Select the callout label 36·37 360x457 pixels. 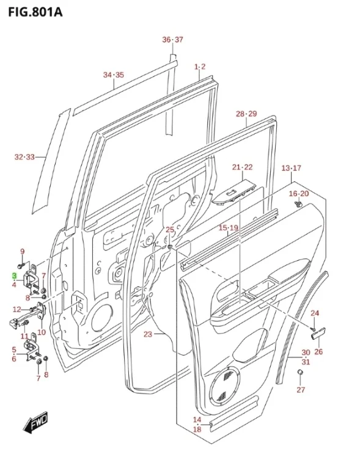click(172, 40)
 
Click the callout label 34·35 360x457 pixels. click(113, 75)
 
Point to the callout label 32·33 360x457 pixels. click(25, 158)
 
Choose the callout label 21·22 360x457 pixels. click(242, 167)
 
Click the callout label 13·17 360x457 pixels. click(291, 168)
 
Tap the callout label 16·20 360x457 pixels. click(299, 194)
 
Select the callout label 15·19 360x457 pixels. click(228, 227)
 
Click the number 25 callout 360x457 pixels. click(170, 230)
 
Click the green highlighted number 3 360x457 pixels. click(13, 276)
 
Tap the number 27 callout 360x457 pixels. click(300, 390)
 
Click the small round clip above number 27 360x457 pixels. click(300, 372)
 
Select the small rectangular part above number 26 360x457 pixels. click(318, 332)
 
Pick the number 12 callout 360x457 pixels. click(17, 309)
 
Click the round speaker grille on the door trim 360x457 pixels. click(227, 386)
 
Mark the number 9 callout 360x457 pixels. click(23, 252)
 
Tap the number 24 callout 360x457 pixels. click(315, 313)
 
